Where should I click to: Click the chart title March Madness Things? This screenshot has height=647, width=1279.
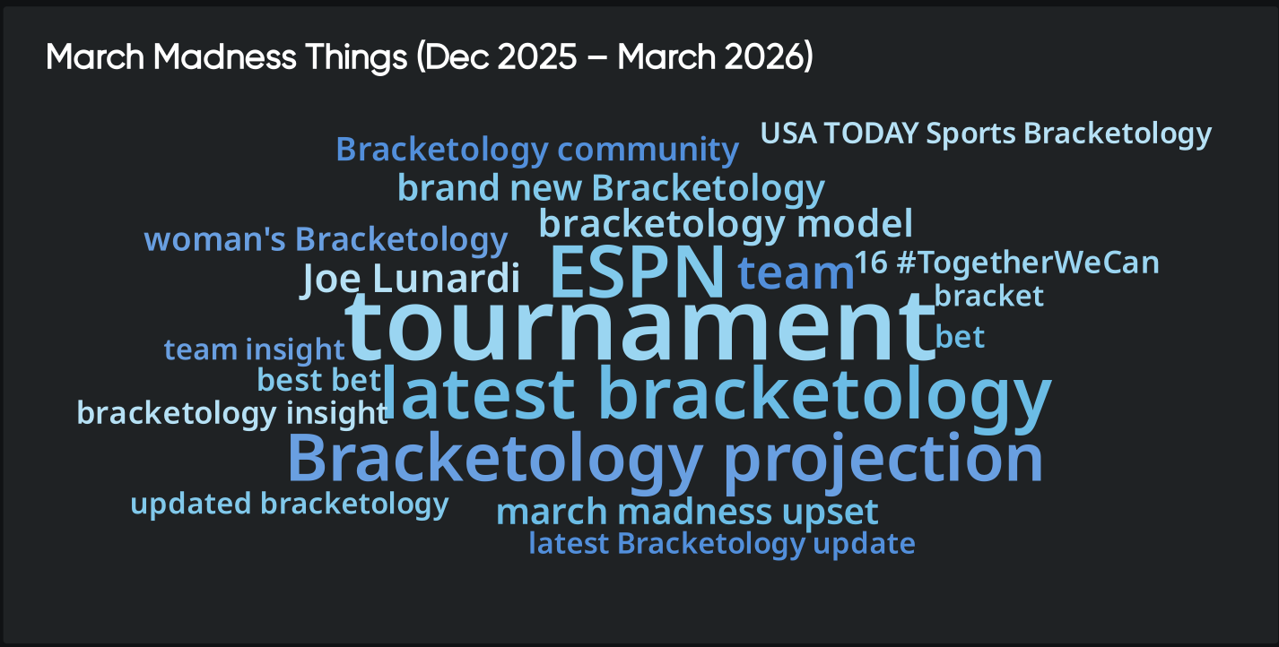tap(429, 58)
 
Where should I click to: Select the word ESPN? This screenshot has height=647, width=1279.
tap(636, 272)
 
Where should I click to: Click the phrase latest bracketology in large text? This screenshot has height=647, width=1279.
tap(716, 394)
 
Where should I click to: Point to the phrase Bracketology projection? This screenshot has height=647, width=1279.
tap(665, 458)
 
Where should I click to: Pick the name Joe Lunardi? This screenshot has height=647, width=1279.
tap(411, 279)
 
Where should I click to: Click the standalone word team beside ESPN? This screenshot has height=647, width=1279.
tap(796, 273)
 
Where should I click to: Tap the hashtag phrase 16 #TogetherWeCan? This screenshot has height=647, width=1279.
tap(1006, 263)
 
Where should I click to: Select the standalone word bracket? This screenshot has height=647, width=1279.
tap(988, 296)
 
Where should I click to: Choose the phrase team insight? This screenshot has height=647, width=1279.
tap(254, 349)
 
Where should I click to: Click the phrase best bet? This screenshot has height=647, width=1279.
tap(319, 380)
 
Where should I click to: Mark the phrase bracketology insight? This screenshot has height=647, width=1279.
tap(232, 413)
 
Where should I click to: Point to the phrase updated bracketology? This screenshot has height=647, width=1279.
tap(289, 504)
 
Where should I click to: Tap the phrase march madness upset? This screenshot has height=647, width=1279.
tap(687, 513)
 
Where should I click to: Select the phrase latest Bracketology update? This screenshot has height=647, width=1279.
tap(722, 543)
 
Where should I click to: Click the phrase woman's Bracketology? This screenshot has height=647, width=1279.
tap(326, 240)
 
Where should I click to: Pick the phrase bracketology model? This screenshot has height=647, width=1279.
tap(726, 224)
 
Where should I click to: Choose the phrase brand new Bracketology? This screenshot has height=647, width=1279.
tap(611, 188)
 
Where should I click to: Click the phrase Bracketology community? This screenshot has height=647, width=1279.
tap(537, 150)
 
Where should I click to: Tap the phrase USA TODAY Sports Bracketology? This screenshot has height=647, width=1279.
tap(986, 134)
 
